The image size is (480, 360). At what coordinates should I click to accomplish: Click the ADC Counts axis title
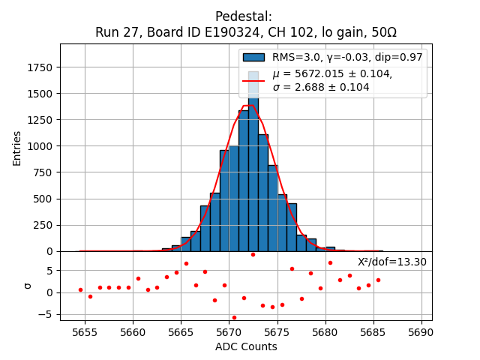[x=246, y=346]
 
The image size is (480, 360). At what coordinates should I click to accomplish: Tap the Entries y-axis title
[x=17, y=148]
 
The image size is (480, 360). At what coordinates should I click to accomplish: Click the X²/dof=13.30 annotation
[x=391, y=262]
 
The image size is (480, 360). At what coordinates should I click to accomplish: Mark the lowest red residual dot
[x=234, y=317]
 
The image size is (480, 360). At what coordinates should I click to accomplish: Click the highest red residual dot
[x=253, y=254]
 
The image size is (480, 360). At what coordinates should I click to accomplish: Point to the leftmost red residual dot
[x=80, y=289]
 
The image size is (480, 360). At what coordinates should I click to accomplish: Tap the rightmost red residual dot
[x=378, y=280]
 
